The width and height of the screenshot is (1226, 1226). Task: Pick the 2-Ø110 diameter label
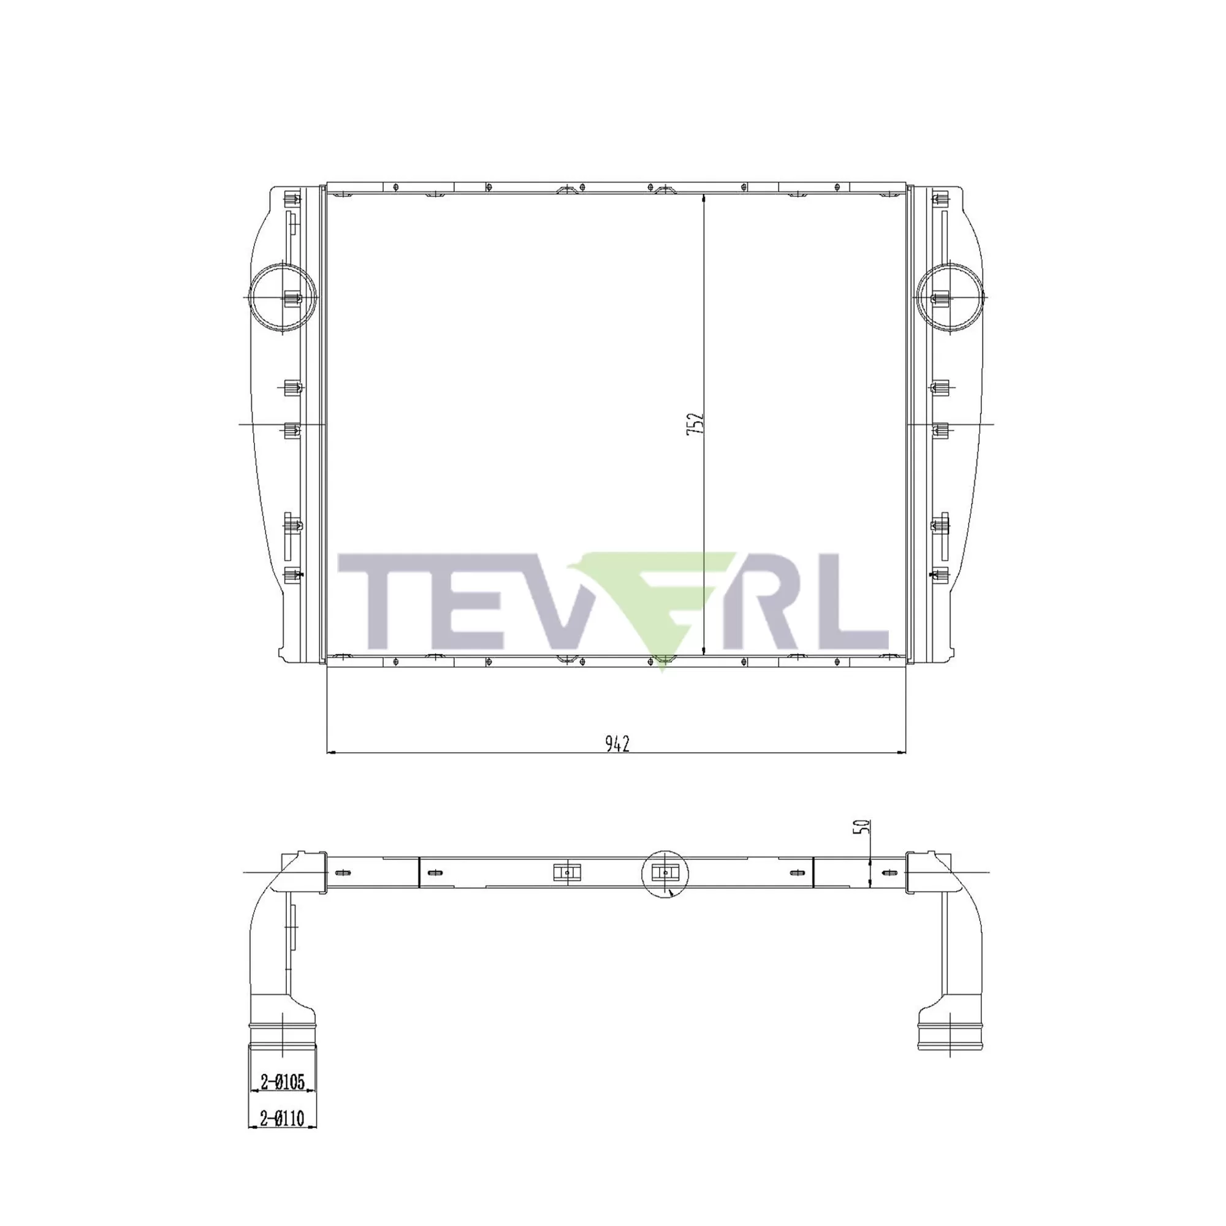tap(283, 1117)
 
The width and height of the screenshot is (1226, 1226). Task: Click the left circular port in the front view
tap(283, 296)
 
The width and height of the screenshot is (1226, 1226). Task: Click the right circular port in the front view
tap(951, 296)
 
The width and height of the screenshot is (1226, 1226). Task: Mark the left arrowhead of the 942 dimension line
tap(330, 753)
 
